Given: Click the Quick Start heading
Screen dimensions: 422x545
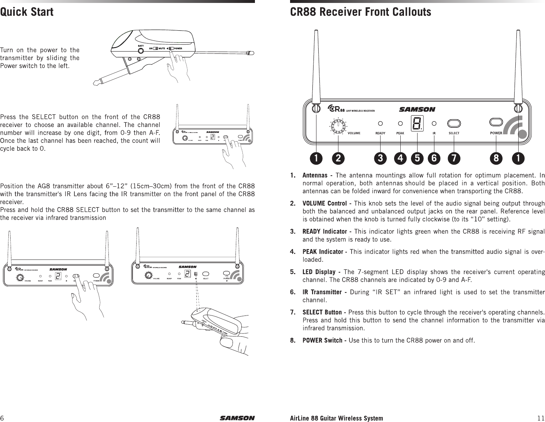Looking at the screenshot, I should (27, 12).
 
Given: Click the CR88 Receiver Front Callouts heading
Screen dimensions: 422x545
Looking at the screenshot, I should (360, 12).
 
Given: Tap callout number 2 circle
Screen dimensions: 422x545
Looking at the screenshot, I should (338, 158).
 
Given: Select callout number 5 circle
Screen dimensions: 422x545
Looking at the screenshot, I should (417, 158).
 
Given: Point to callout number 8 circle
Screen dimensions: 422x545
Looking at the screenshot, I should (496, 158).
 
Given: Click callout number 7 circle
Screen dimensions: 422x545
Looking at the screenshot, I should (454, 158).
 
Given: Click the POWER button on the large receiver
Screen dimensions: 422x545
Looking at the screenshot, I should (496, 122).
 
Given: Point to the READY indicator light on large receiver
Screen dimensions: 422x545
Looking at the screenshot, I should (381, 123).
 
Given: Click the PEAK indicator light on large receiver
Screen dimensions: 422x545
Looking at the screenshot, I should (400, 123).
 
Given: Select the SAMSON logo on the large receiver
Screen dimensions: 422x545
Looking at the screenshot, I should (417, 109).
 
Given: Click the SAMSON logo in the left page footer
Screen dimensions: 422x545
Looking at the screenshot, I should (237, 418).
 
